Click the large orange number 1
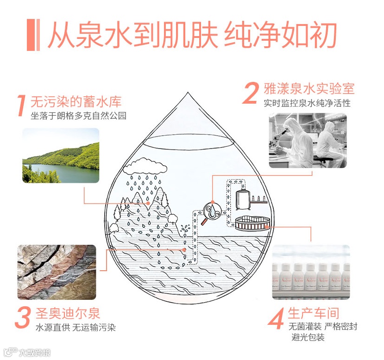click(22, 106)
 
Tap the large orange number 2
click(251, 93)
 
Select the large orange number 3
click(23, 317)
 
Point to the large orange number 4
click(277, 318)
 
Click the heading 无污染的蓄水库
click(76, 101)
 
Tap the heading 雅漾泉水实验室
click(309, 88)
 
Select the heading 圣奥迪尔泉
click(68, 313)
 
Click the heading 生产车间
click(314, 313)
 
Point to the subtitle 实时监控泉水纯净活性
click(307, 103)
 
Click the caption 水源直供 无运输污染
click(76, 327)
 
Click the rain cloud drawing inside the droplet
click(145, 167)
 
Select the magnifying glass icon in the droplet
click(211, 213)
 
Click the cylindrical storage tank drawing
click(243, 199)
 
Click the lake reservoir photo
click(61, 155)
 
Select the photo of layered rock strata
click(57, 272)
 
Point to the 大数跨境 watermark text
click(35, 353)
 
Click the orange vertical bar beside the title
click(33, 35)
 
